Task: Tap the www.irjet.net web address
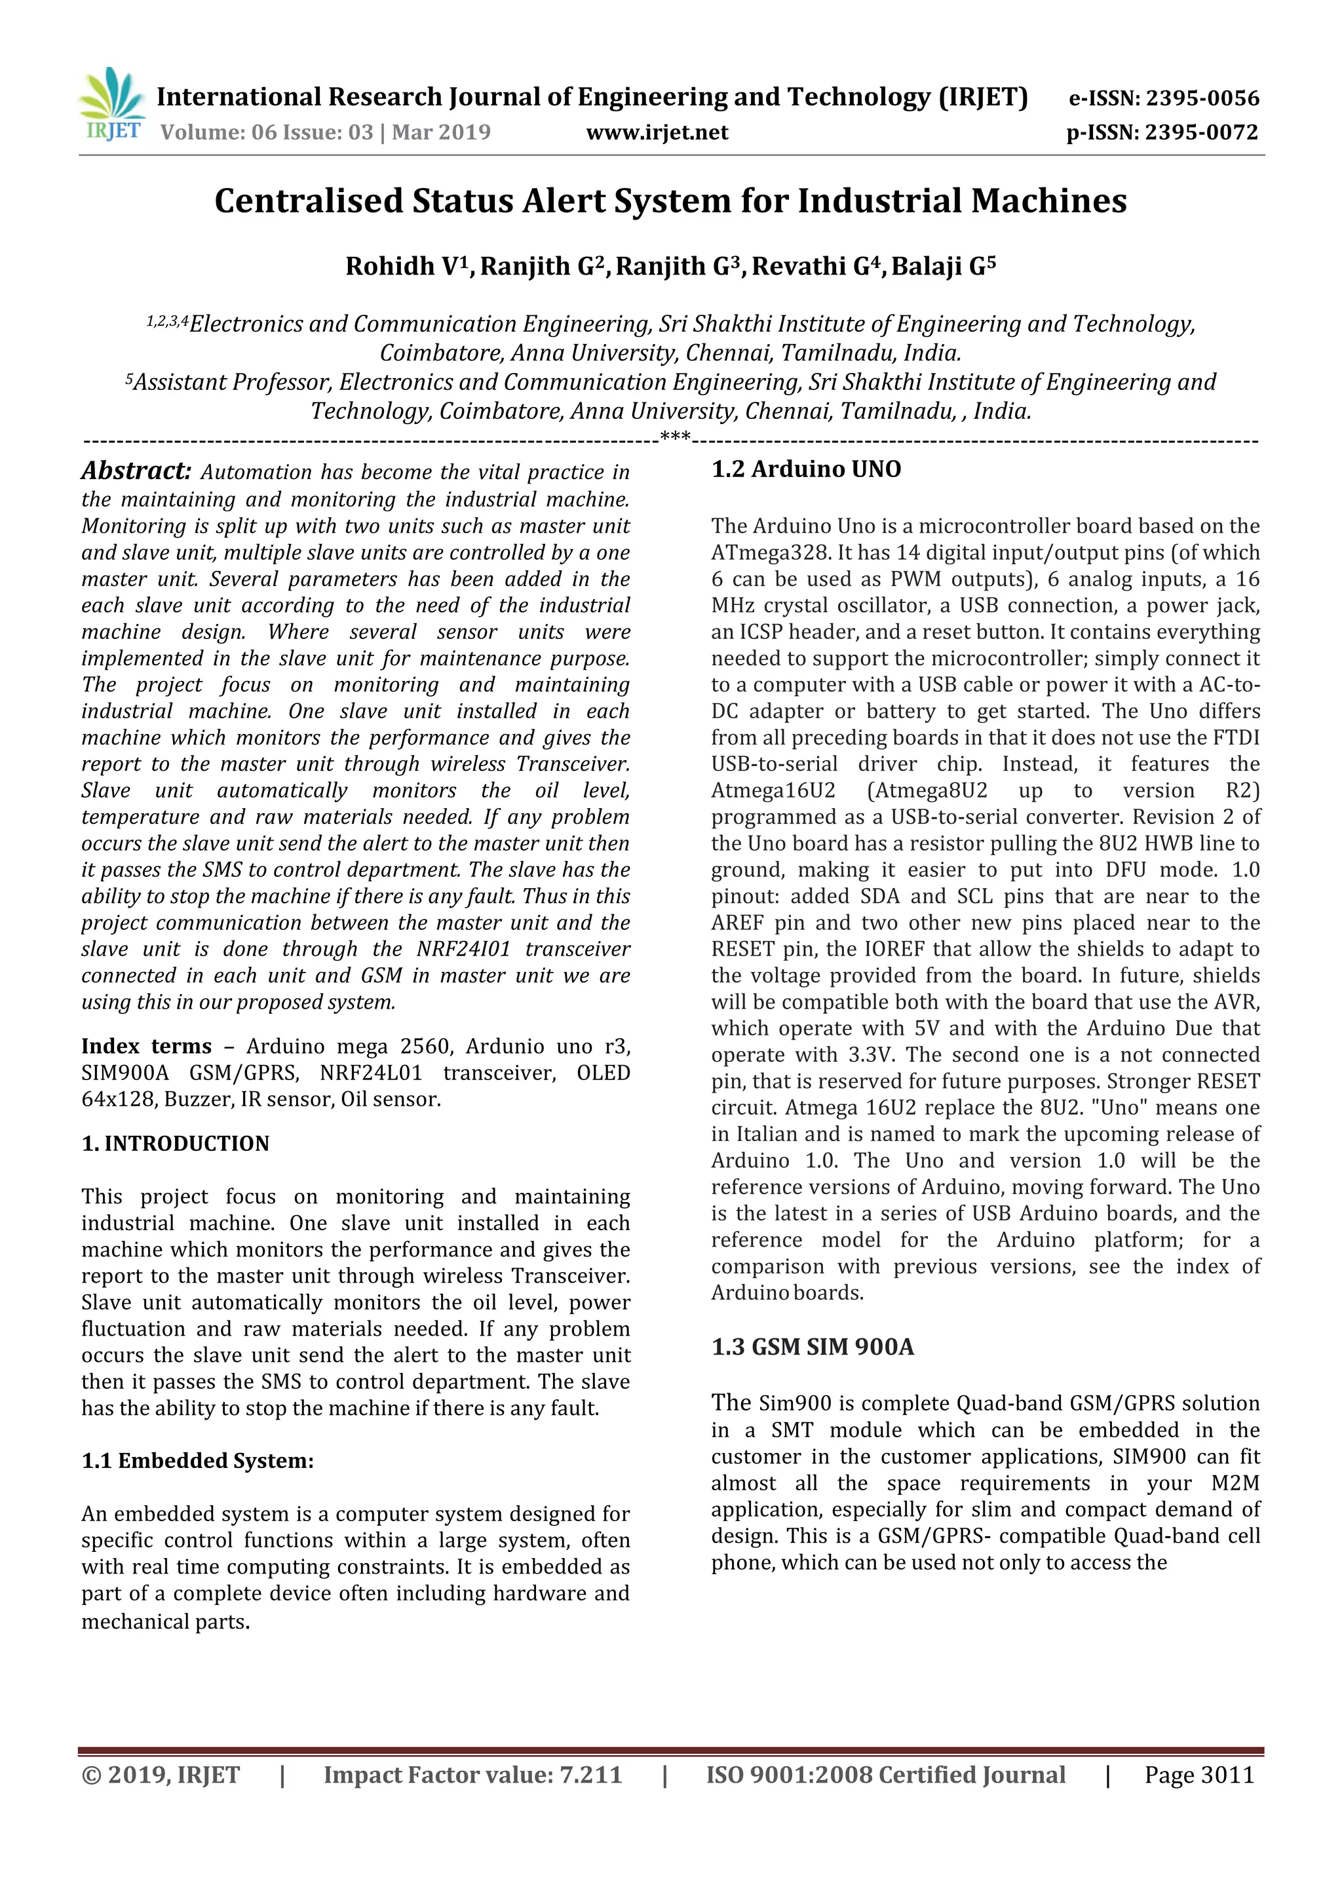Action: pos(657,132)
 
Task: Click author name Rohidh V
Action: pos(401,266)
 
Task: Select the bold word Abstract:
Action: pos(136,471)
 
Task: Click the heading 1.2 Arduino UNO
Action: pos(806,469)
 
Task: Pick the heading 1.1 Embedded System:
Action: pos(197,1461)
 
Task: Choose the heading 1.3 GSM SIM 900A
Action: pos(813,1347)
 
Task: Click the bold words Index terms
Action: pos(146,1046)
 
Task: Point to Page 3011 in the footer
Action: pos(1199,1775)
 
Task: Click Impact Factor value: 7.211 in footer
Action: pos(472,1775)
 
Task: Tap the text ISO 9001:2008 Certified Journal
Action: pos(885,1775)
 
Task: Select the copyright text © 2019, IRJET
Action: pos(161,1775)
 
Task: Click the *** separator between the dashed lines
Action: pos(675,436)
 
